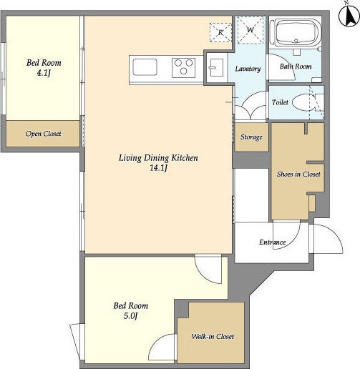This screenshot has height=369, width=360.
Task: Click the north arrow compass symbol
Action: coord(349,15)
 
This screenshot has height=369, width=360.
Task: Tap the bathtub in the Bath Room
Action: coord(296,33)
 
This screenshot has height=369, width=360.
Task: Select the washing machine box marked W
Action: coord(250,30)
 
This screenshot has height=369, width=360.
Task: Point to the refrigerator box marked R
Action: coord(220,32)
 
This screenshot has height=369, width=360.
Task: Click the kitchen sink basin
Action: coord(145,67)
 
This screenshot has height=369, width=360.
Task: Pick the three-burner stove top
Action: coord(183,67)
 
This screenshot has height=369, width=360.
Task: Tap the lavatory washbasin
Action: coord(216,68)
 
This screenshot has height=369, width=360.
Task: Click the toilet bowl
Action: coord(302,102)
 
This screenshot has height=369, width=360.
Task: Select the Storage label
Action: coord(251,137)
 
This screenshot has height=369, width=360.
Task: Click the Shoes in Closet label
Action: coord(298,174)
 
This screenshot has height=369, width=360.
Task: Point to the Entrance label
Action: coord(272,242)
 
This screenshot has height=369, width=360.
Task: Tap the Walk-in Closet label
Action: coord(213,336)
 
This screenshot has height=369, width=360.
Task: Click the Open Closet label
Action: coord(43,134)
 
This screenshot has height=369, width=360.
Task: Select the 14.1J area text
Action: coord(158,168)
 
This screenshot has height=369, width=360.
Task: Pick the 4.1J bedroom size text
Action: coord(44,73)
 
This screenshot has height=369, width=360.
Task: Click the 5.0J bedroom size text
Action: coord(130,316)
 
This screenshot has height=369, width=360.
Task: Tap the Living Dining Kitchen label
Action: coord(158,158)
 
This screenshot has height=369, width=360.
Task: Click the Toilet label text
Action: coord(280,102)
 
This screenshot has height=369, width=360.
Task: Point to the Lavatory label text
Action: coord(248,69)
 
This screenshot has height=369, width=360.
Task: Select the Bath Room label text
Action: coord(296,67)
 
